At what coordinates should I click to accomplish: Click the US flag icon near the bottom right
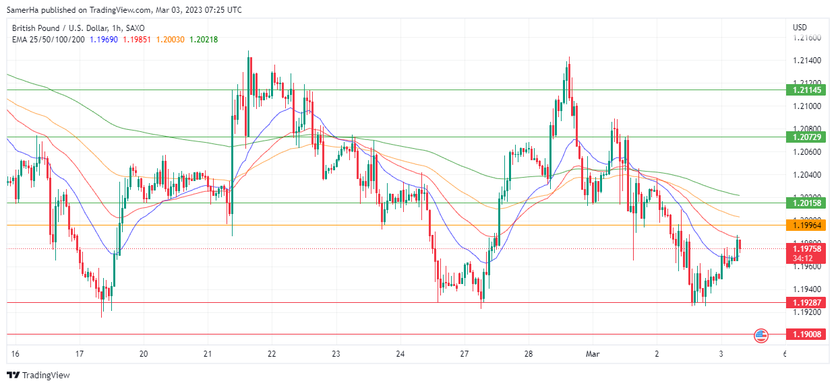[761, 334]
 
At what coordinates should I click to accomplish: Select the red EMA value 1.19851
[138, 39]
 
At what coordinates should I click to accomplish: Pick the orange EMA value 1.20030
[171, 39]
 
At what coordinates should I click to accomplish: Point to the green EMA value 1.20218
[204, 39]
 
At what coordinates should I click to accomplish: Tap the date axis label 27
[464, 353]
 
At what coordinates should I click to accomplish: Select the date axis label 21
[208, 353]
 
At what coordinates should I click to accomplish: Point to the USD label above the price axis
[800, 28]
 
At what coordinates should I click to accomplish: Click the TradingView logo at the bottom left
[38, 375]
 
